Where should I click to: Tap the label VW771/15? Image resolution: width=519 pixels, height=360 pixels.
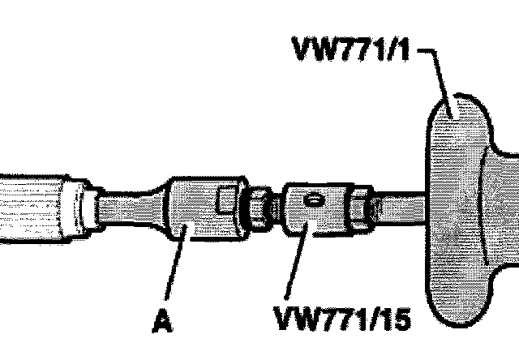click(x=342, y=319)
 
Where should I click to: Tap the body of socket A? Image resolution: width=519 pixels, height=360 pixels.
click(x=199, y=211)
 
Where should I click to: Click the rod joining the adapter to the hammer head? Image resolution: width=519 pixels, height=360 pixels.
click(x=401, y=208)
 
